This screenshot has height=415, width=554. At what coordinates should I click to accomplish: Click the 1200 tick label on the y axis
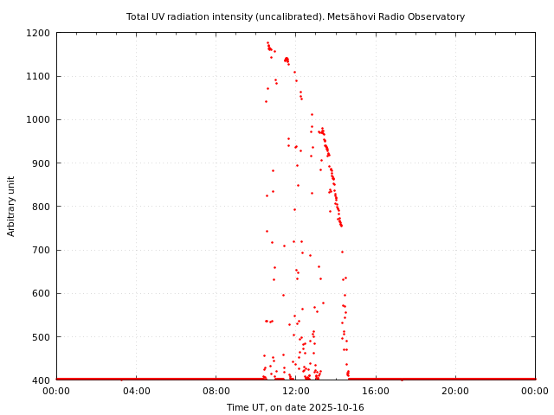click(39, 33)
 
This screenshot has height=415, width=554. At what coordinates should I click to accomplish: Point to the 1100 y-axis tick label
click(39, 76)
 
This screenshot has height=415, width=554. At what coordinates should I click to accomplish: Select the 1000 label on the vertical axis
click(39, 119)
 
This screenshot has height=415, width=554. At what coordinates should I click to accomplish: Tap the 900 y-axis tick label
click(42, 163)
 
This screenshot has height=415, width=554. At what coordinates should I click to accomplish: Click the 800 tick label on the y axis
click(42, 207)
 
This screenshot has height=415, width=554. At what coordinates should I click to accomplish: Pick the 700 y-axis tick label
click(42, 250)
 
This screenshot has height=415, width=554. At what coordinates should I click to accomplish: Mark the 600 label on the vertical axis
click(42, 293)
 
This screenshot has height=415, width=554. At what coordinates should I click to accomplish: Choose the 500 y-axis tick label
click(42, 336)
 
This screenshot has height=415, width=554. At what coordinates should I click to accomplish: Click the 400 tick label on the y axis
click(42, 380)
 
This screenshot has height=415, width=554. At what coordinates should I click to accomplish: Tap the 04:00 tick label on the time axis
click(136, 391)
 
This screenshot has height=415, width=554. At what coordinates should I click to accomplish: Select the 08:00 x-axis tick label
click(216, 391)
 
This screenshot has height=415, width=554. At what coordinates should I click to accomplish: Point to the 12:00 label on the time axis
click(295, 391)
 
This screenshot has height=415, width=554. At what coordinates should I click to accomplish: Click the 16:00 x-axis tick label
click(375, 391)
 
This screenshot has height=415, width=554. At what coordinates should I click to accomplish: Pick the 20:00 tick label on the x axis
click(455, 391)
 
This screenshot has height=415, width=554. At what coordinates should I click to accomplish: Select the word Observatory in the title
click(435, 16)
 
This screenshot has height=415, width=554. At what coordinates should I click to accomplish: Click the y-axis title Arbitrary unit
click(12, 206)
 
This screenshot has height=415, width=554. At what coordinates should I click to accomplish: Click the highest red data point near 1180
click(267, 42)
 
